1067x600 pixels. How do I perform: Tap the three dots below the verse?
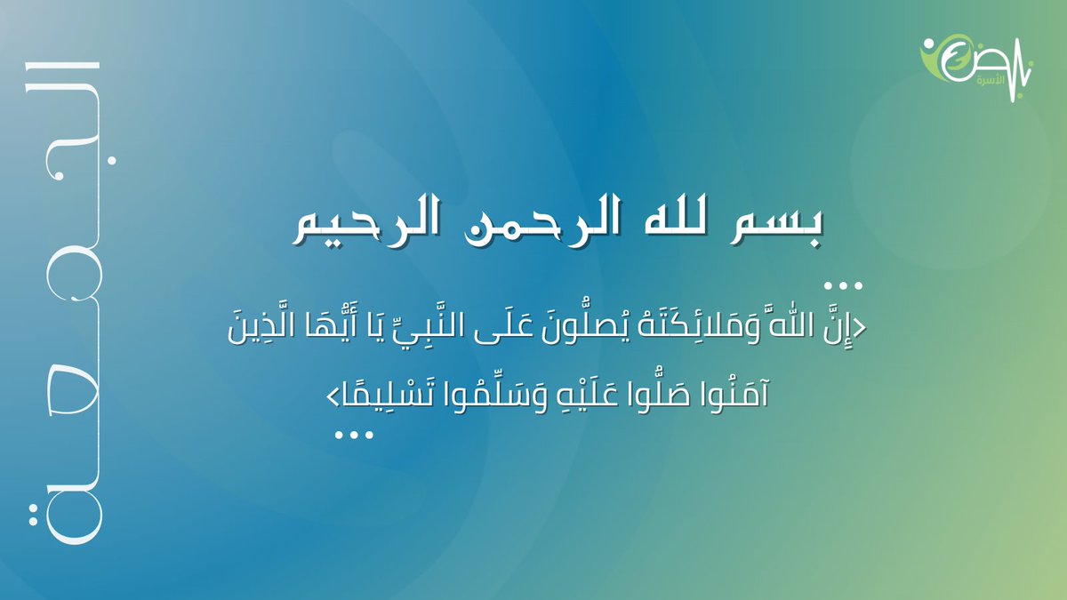[354, 435]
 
